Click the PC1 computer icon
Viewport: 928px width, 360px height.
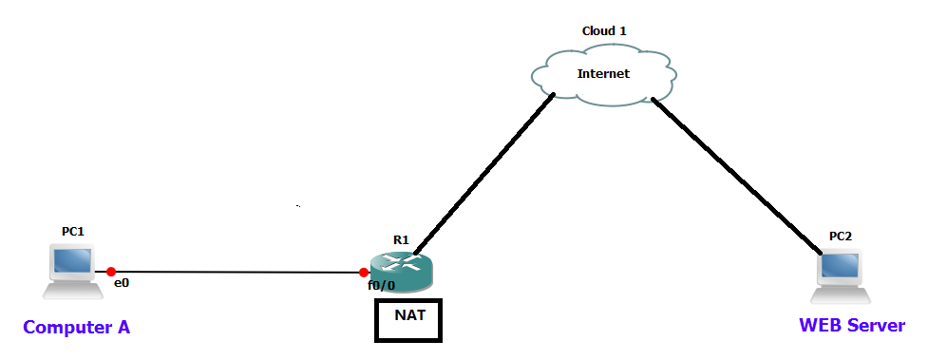[72, 266]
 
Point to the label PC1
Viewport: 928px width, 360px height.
[73, 231]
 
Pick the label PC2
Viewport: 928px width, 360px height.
[840, 236]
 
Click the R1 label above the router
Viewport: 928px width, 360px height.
[401, 240]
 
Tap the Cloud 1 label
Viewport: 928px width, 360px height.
[604, 31]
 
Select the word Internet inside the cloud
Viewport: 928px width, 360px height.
[603, 73]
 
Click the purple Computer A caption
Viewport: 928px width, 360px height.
[76, 328]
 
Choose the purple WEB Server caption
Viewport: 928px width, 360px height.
[852, 326]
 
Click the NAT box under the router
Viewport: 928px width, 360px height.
[408, 320]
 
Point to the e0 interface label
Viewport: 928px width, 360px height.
[121, 283]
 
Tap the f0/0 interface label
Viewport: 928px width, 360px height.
[382, 284]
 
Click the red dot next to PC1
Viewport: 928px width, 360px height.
[111, 271]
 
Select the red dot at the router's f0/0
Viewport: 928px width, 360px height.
[364, 273]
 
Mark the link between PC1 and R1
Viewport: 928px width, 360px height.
[237, 272]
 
